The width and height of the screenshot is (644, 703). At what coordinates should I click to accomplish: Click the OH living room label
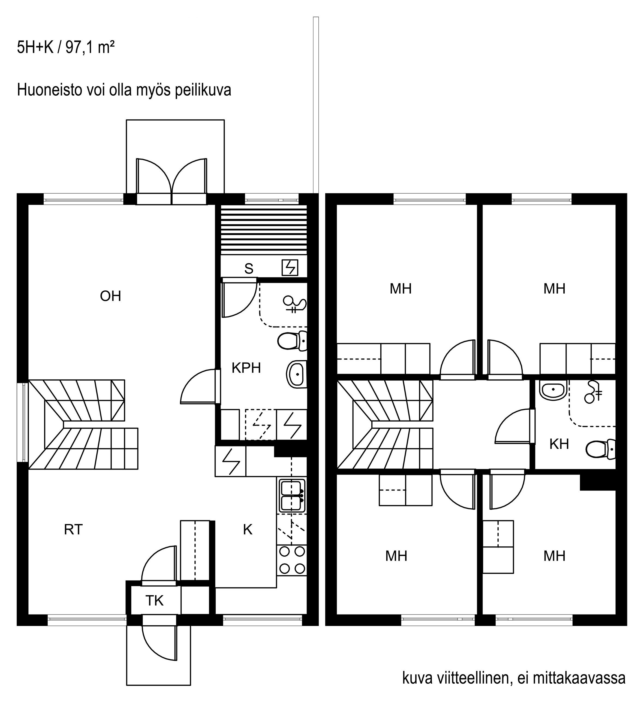(x=110, y=296)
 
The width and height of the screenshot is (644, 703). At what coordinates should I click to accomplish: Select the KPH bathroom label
(x=246, y=368)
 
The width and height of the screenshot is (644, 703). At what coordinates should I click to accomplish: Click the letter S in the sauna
(x=249, y=269)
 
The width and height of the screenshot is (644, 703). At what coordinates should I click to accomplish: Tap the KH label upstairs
(x=559, y=444)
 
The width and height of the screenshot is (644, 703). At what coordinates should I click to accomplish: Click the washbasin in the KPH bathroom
(x=297, y=374)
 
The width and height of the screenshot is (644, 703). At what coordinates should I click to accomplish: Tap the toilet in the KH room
(x=600, y=449)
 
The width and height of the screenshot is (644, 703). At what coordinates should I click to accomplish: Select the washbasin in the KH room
(x=553, y=389)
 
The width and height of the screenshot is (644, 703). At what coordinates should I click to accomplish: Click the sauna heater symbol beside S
(x=290, y=267)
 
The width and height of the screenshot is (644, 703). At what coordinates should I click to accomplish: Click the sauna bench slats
(x=264, y=230)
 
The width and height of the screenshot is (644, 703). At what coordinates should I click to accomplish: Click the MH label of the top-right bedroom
(x=554, y=289)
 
